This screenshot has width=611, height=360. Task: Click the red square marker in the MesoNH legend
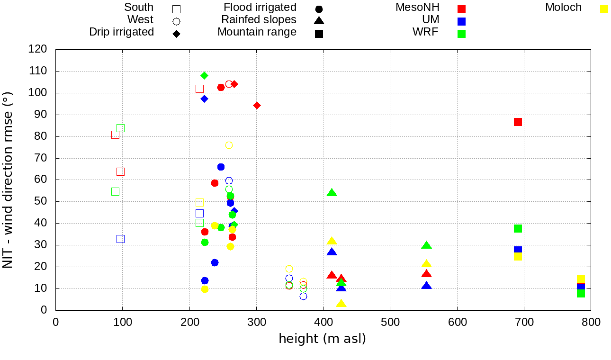point(461,9)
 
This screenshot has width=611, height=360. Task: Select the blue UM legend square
point(461,21)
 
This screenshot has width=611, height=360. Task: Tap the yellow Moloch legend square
point(604,9)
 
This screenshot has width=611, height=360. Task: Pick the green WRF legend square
point(461,34)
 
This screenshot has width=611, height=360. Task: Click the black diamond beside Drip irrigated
point(176,34)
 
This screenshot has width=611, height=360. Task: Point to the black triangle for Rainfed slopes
point(319,21)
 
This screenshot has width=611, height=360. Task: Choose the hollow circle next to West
point(176,21)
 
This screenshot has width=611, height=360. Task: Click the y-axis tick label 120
point(37,49)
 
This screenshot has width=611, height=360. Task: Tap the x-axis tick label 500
point(390,323)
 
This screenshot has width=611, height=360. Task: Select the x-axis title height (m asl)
point(322,339)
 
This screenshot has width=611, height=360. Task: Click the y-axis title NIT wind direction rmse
point(8,180)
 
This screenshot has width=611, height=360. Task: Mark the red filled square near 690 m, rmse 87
point(518,122)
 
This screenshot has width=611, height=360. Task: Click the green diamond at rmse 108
point(204,75)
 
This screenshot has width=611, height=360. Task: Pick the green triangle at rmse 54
point(332,193)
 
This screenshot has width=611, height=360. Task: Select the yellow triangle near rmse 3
point(341,304)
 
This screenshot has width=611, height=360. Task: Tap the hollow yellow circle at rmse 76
point(229,145)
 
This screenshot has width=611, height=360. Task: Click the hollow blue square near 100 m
point(120,239)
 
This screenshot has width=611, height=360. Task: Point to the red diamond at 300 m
point(257,105)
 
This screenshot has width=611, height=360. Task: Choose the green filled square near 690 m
point(518,228)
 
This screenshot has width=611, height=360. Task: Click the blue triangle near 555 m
point(426,286)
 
